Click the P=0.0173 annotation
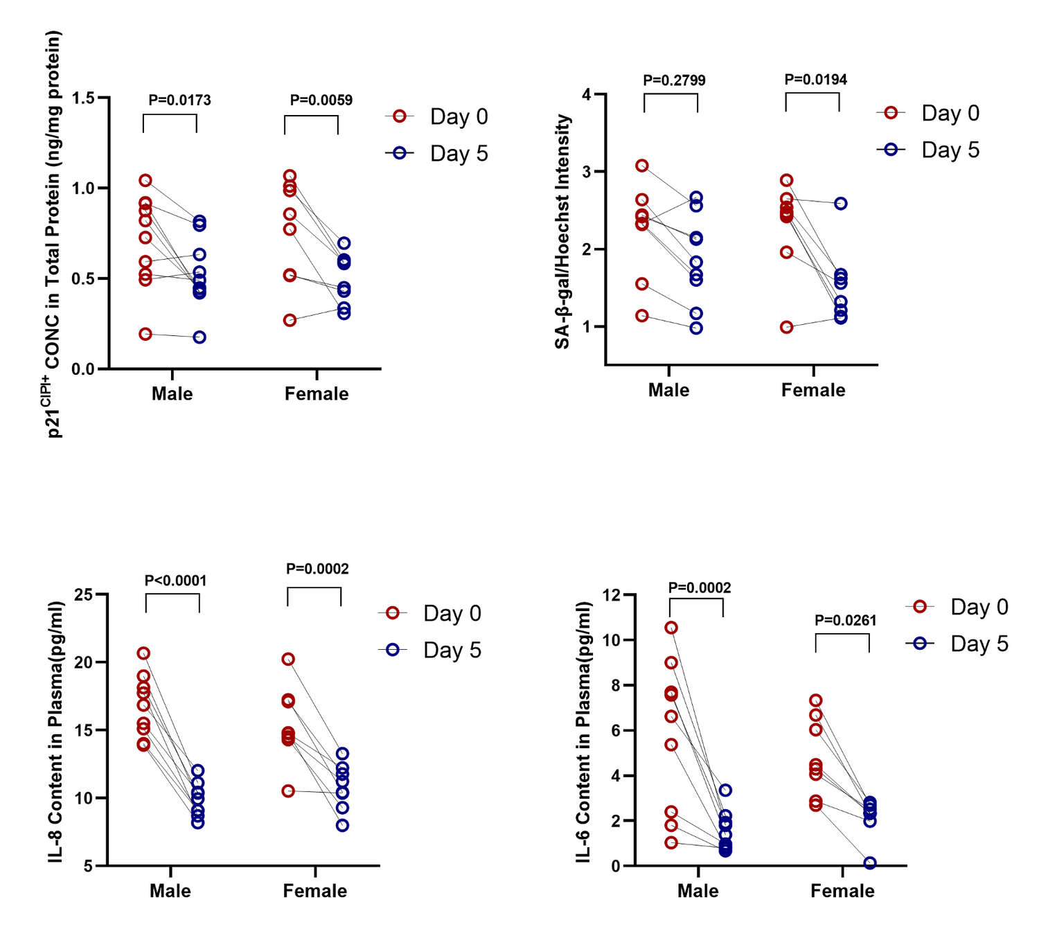point(179,100)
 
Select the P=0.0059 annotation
point(321,100)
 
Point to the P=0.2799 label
point(674,80)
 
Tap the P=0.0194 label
point(815,80)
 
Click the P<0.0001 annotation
point(175,581)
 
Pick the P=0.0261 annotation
point(845,621)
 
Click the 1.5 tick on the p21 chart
point(83,98)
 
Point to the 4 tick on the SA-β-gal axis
point(587,94)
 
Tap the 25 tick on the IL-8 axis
point(83,594)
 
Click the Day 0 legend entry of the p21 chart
point(437,116)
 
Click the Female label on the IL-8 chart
point(314,891)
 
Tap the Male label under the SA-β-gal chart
point(668,390)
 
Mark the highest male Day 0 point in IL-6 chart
point(671,628)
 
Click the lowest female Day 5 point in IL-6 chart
point(869,863)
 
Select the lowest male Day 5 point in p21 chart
point(199,337)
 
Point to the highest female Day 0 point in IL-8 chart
point(288,659)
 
